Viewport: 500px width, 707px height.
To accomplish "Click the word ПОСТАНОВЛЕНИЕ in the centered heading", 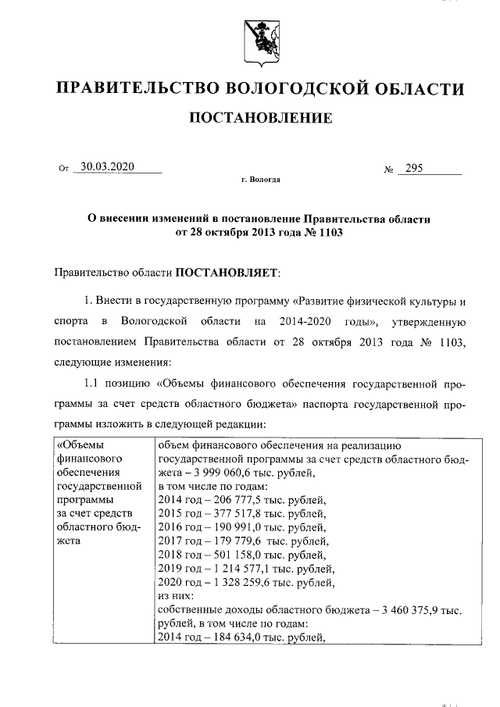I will pyautogui.click(x=259, y=118).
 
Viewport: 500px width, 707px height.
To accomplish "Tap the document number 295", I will pyautogui.click(x=410, y=167).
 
